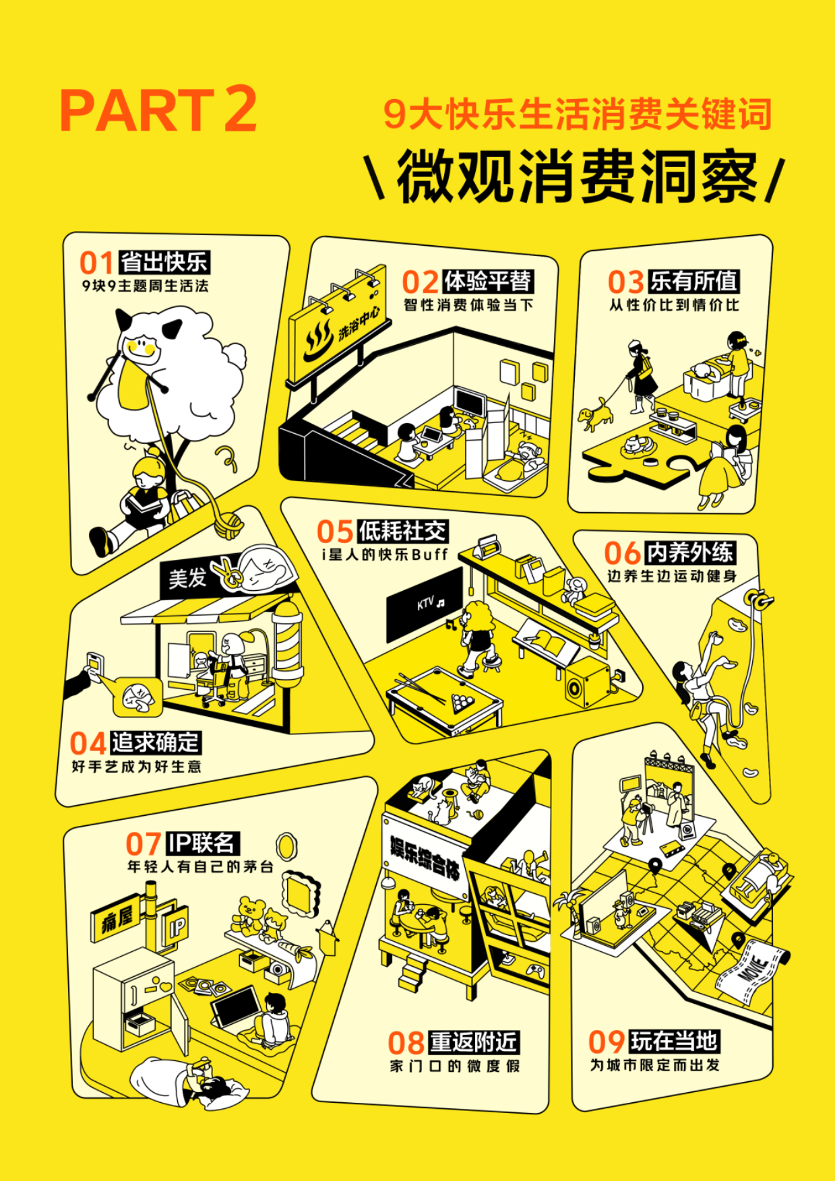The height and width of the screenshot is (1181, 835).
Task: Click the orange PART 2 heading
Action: coord(158,109)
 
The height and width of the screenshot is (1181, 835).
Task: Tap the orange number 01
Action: coord(96,263)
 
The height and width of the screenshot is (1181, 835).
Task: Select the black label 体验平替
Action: coord(488,281)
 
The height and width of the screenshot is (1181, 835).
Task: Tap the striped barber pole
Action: coord(288,643)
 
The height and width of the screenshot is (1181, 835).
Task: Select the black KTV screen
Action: coord(425,604)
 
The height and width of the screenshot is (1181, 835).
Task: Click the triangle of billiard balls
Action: coord(463,703)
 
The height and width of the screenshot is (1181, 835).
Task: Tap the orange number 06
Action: coord(621,554)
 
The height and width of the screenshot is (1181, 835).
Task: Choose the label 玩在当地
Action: coord(674,1041)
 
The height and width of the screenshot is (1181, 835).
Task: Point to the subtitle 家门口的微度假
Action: coord(455,1066)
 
